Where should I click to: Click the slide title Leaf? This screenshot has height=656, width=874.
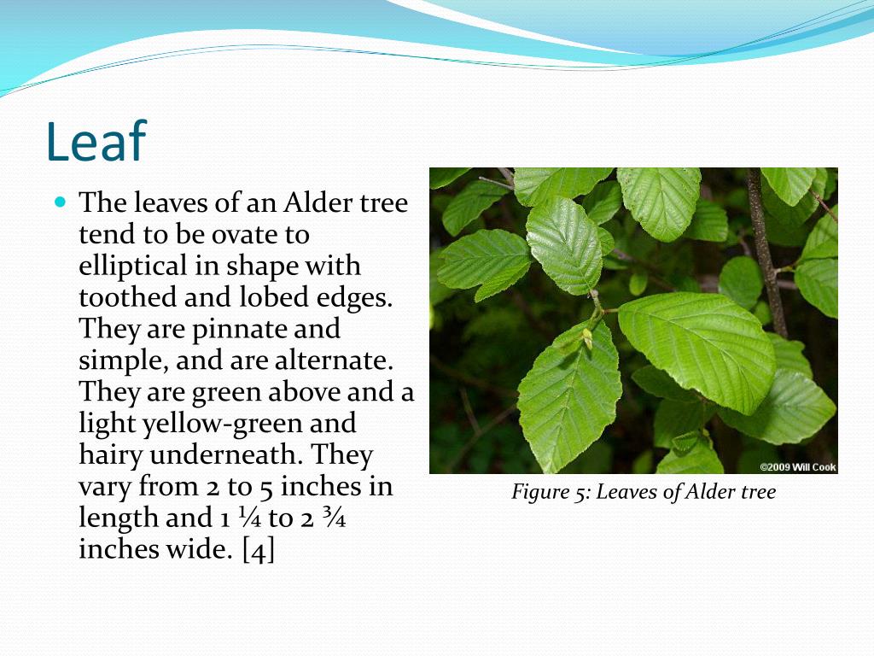[x=96, y=141]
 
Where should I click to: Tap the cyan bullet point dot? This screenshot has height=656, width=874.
[x=60, y=203]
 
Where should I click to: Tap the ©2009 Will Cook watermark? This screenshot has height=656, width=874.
[x=797, y=467]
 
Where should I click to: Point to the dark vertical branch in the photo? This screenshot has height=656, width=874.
[x=765, y=248]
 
